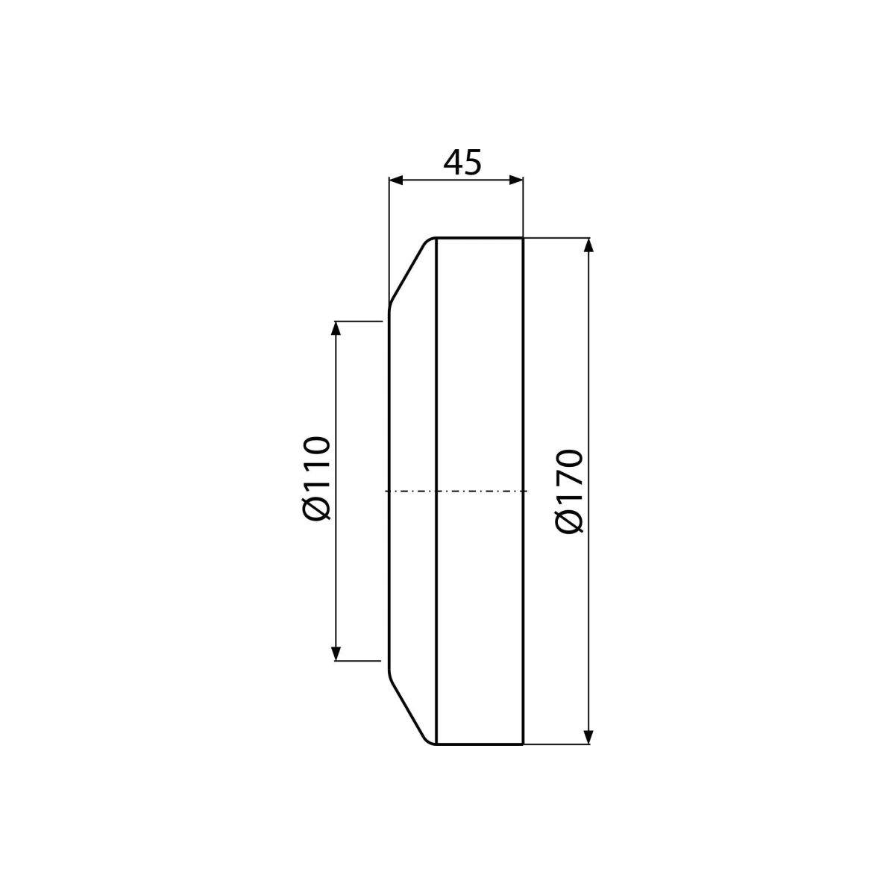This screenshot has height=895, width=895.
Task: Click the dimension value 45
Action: (462, 163)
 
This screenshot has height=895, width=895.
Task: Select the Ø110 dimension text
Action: (315, 478)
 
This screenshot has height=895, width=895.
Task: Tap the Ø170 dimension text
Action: (568, 492)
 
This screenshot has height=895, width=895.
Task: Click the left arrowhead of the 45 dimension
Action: (396, 180)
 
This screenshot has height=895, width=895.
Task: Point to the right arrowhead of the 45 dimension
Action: (516, 180)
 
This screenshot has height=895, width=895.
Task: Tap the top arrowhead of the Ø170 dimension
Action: (588, 245)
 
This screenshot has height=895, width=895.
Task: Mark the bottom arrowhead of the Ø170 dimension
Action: (588, 737)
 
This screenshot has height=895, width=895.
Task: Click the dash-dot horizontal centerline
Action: (456, 491)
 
